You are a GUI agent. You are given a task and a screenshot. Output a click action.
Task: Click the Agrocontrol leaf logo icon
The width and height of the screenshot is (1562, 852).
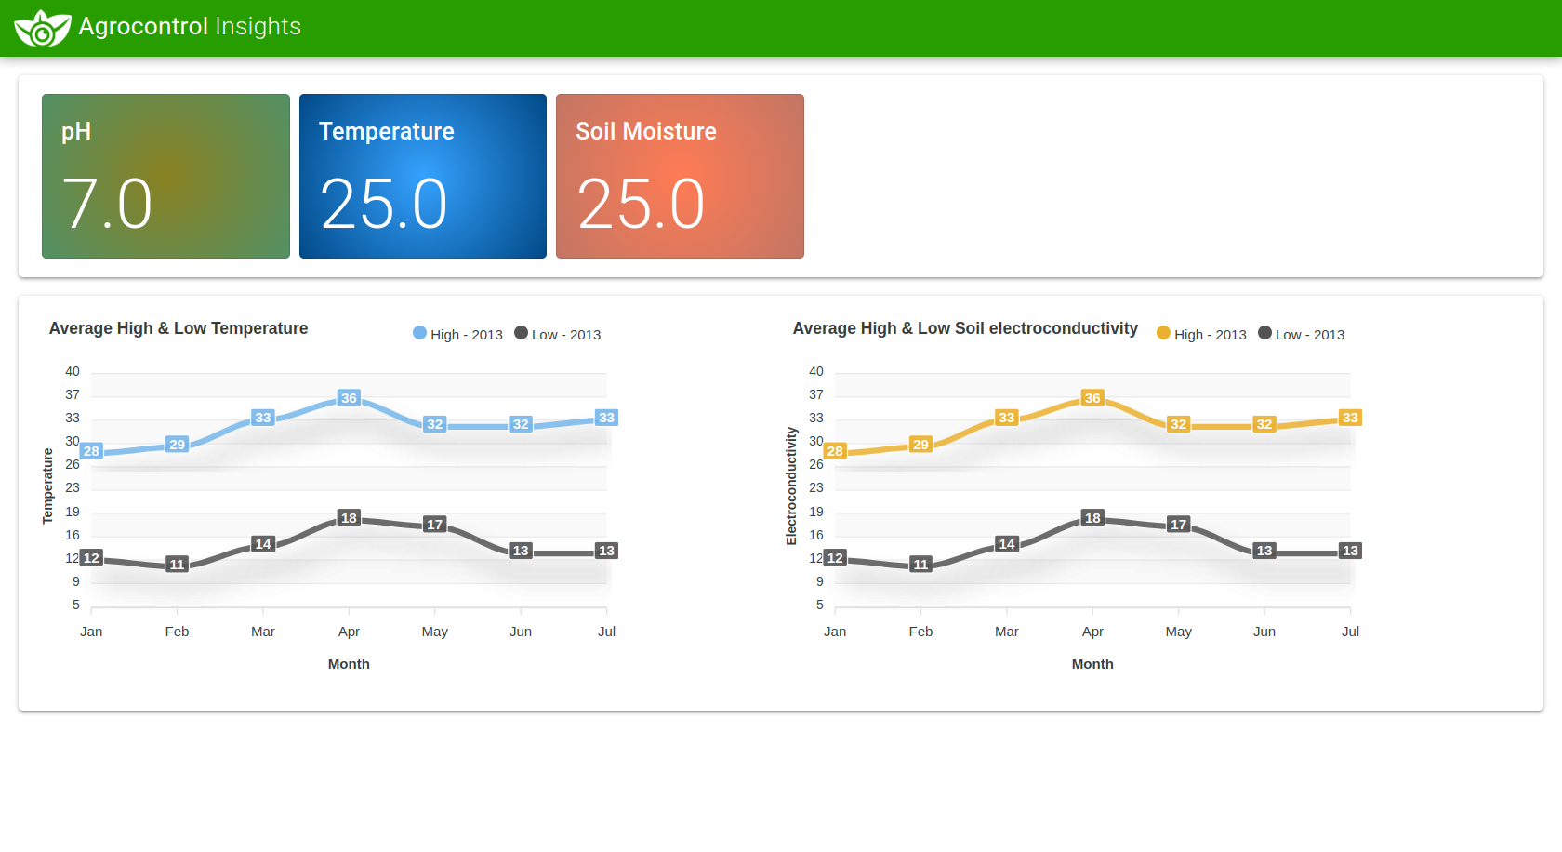[x=42, y=28]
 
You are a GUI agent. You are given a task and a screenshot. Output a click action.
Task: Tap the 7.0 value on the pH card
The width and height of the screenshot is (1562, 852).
[x=107, y=205]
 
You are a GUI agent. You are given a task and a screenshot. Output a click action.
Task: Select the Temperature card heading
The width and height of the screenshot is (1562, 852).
[x=387, y=131]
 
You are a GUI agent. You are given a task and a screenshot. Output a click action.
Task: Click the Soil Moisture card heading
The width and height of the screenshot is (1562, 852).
[x=646, y=131]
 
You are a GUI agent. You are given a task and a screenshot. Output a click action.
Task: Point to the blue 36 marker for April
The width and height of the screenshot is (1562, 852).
[x=349, y=398]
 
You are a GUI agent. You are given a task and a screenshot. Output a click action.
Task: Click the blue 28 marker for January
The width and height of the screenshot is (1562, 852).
[x=91, y=451]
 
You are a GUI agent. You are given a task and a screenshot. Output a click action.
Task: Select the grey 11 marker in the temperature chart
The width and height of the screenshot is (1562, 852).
[x=177, y=565]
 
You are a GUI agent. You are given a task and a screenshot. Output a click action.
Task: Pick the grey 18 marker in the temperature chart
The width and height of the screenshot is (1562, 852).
[x=349, y=518]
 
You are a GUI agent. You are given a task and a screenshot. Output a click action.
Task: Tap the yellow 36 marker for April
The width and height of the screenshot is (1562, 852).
[x=1092, y=398]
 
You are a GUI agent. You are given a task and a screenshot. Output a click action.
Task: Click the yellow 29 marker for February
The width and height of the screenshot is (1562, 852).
[x=920, y=445]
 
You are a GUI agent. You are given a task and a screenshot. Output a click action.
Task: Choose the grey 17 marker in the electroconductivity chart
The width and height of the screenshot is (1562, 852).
[x=1178, y=525]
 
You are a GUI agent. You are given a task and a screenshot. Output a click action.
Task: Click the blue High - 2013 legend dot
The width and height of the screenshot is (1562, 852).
[x=419, y=333]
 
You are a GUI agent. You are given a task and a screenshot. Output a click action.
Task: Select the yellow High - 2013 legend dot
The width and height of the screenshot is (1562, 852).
[x=1163, y=333]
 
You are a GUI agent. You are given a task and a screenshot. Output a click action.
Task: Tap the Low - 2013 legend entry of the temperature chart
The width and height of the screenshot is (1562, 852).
[x=558, y=334]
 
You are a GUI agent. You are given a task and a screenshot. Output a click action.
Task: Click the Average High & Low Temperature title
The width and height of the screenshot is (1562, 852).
[x=179, y=328]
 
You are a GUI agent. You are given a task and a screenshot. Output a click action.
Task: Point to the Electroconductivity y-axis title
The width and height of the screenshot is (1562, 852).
[x=791, y=486]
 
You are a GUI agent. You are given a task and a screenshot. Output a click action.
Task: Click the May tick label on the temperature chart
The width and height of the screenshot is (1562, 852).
[x=434, y=632]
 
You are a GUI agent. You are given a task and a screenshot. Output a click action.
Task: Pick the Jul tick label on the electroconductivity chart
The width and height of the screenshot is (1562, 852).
[x=1350, y=632]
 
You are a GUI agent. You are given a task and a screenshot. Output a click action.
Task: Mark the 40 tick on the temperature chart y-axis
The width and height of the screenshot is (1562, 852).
[x=73, y=371]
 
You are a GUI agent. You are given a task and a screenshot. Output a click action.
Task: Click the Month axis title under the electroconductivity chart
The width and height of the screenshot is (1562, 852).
[x=1092, y=664]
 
